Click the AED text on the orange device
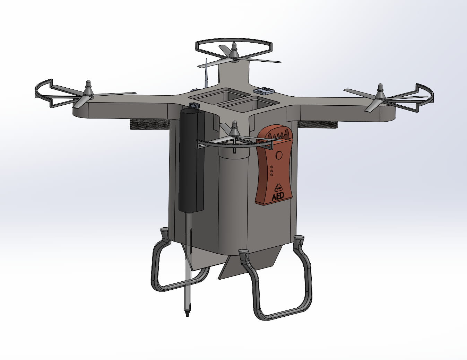tap(278, 196)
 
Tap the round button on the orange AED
tap(279, 155)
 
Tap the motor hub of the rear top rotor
tap(234, 52)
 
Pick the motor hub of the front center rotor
tap(234, 131)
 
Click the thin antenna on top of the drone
tap(206, 73)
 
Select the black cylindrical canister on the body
tap(191, 159)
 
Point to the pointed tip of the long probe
tap(187, 314)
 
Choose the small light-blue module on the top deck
tap(264, 91)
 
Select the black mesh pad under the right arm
tap(317, 124)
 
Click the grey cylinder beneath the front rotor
tap(234, 194)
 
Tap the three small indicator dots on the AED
tap(272, 171)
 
